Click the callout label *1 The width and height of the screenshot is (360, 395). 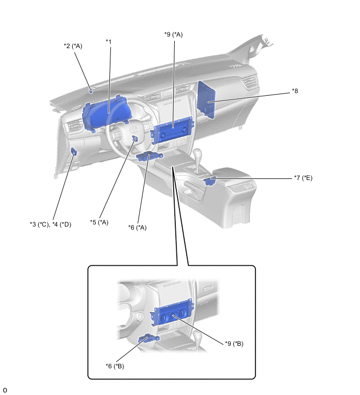click(x=109, y=41)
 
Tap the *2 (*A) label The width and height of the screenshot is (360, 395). click(x=73, y=46)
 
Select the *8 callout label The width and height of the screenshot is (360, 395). click(x=296, y=91)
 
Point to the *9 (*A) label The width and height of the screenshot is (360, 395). click(x=173, y=35)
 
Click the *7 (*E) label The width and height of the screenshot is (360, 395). click(x=303, y=178)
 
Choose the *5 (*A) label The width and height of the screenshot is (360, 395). click(x=99, y=222)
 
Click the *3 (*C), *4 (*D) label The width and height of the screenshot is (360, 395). click(x=50, y=224)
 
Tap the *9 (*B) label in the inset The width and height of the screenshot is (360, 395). click(x=234, y=344)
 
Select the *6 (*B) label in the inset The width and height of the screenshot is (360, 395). click(x=115, y=366)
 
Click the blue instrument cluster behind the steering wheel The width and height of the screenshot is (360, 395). click(x=104, y=114)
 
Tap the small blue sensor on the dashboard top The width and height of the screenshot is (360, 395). click(x=91, y=91)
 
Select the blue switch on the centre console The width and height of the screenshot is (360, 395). click(x=210, y=181)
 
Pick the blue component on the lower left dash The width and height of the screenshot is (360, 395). click(x=74, y=152)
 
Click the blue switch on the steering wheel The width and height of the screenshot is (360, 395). click(x=135, y=139)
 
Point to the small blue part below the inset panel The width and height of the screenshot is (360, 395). click(x=145, y=340)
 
